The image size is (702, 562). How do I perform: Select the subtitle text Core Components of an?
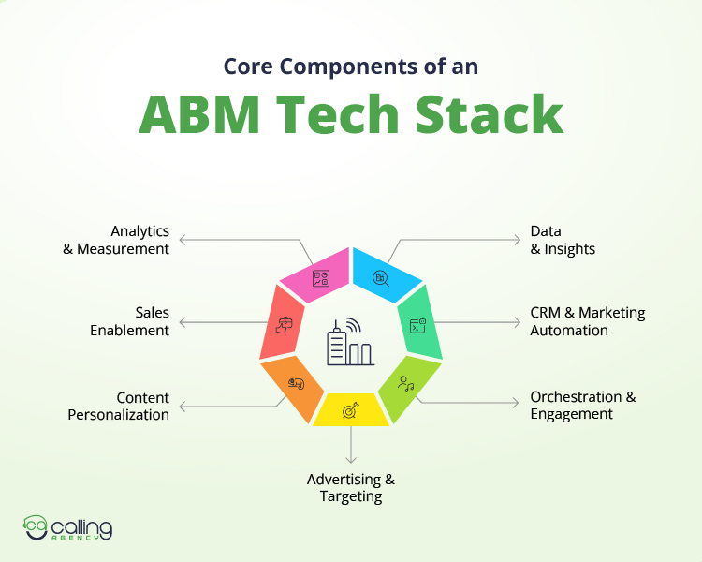pyautogui.click(x=350, y=67)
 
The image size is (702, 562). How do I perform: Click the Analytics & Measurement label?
pyautogui.click(x=126, y=240)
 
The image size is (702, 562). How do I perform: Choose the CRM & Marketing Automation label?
pyautogui.click(x=587, y=321)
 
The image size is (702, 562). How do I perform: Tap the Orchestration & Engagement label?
pyautogui.click(x=582, y=405)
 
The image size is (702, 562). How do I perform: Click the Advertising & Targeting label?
pyautogui.click(x=351, y=488)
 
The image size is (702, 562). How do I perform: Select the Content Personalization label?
pyautogui.click(x=119, y=406)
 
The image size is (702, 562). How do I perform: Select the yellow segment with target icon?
pyautogui.click(x=351, y=409)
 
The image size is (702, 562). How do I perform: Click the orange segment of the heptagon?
pyautogui.click(x=294, y=383)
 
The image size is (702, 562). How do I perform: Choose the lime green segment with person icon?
pyautogui.click(x=407, y=384)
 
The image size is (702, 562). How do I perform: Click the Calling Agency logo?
pyautogui.click(x=68, y=528)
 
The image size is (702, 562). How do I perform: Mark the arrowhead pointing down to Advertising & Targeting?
pyautogui.click(x=351, y=459)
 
